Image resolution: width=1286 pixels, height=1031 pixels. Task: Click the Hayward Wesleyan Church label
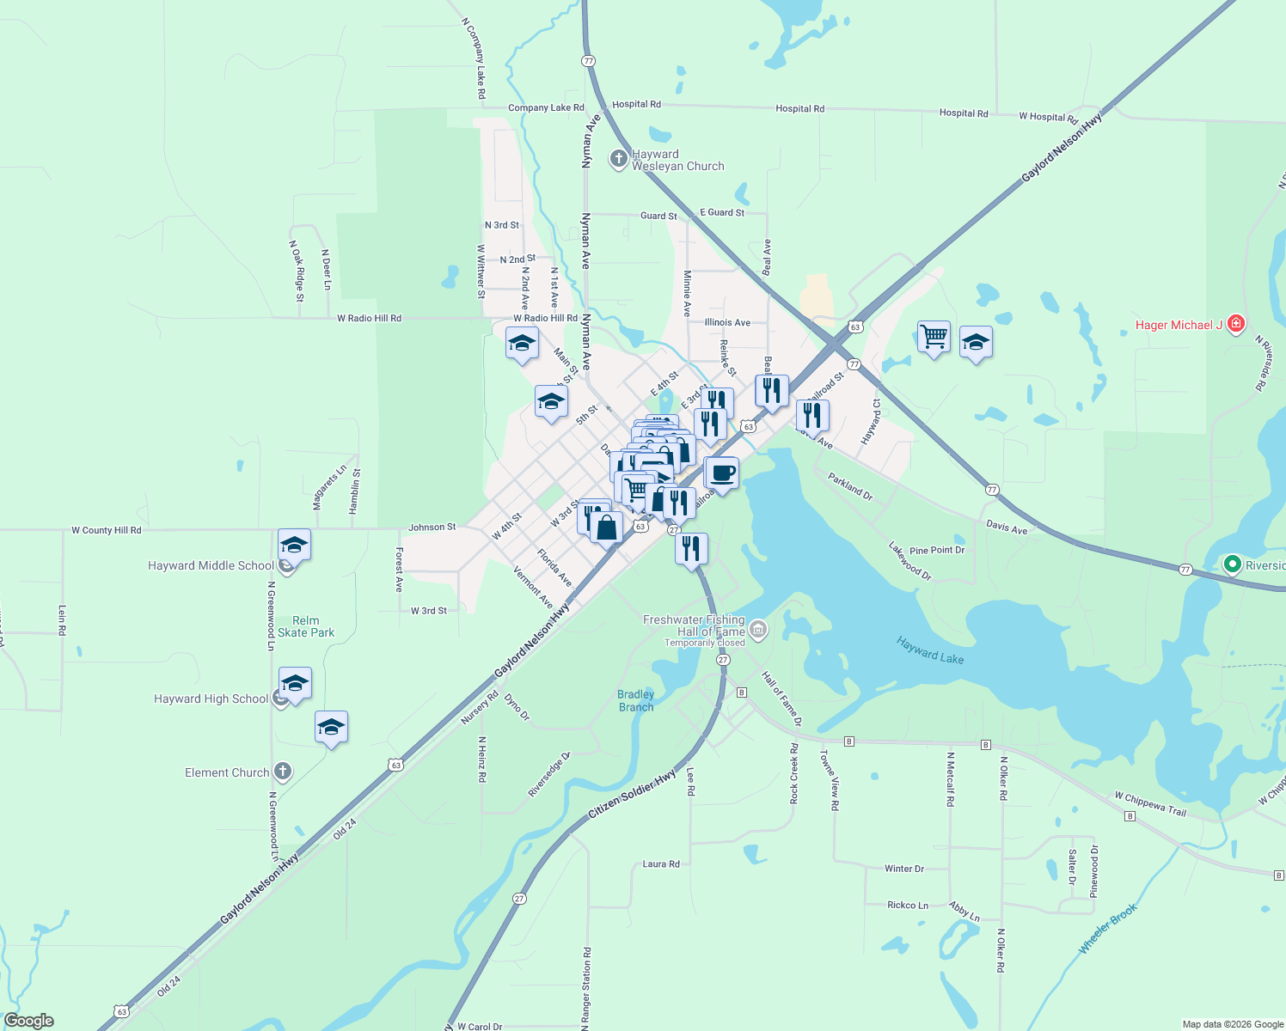click(677, 161)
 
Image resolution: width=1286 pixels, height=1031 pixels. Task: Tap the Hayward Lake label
click(929, 650)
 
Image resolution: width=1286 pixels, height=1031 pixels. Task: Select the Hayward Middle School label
click(211, 565)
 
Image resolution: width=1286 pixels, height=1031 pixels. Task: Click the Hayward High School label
click(211, 699)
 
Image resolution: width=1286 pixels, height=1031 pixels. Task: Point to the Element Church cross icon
click(283, 772)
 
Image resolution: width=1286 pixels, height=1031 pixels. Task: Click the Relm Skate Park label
click(306, 626)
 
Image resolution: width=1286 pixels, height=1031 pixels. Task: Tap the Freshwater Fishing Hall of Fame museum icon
click(758, 631)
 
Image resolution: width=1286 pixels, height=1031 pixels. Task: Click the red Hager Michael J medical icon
click(1236, 324)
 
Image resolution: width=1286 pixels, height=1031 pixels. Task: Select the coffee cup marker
click(722, 473)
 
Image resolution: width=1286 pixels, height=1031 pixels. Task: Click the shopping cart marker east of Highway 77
click(934, 337)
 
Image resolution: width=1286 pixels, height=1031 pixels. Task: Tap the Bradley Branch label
click(636, 701)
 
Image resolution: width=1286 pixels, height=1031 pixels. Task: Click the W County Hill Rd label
click(106, 530)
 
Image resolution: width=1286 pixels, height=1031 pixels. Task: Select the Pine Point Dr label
click(937, 550)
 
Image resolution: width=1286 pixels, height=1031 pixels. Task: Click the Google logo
click(29, 1021)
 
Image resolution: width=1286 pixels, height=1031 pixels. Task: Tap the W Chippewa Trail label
click(1149, 804)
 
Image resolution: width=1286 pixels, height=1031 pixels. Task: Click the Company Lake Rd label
click(546, 108)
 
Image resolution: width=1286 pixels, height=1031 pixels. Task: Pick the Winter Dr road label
click(904, 869)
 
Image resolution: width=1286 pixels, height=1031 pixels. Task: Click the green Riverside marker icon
click(1232, 564)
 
